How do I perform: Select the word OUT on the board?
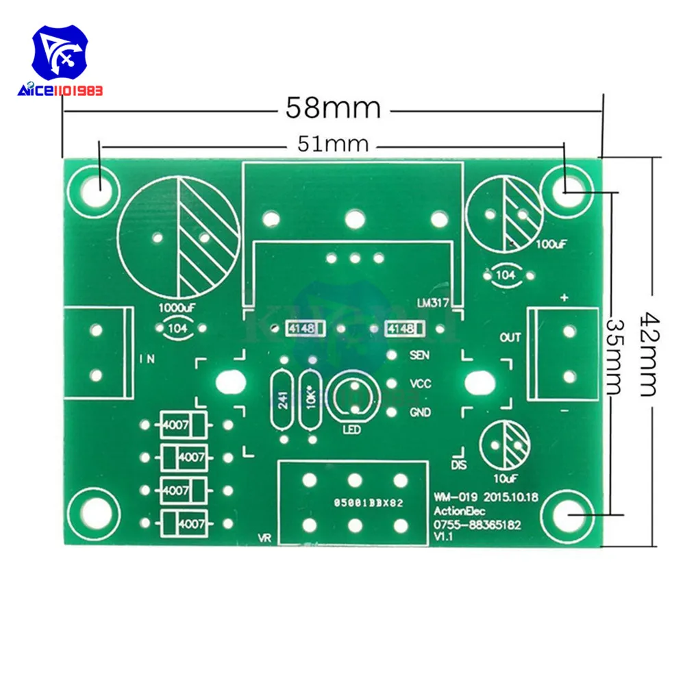click(510, 337)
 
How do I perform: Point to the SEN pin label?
click(419, 355)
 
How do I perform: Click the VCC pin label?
click(420, 384)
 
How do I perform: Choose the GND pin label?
click(420, 412)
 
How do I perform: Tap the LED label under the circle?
click(351, 430)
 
